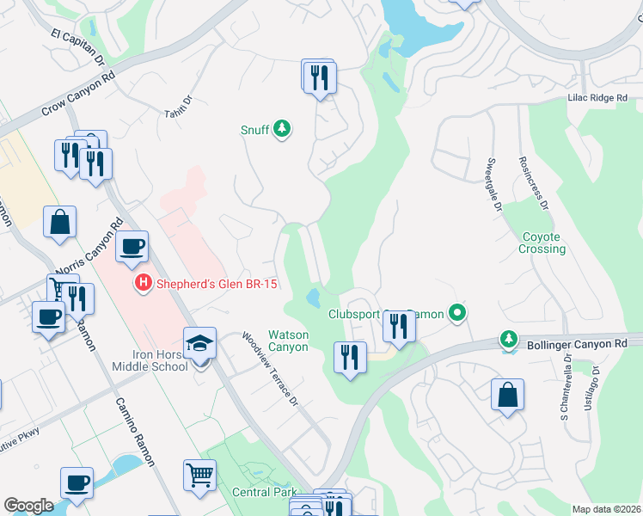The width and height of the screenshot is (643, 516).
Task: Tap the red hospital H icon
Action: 143,282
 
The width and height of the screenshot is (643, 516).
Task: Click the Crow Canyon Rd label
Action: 79,95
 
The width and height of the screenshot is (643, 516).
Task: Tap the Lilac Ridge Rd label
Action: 597,99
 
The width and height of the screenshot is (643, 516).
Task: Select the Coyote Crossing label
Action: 542,243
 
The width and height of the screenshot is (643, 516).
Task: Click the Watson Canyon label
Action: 287,341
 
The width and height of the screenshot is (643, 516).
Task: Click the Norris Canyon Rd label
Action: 87,249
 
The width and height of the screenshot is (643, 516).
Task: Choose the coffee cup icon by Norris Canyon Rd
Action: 132,247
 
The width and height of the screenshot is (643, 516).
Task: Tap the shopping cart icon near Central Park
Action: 199,474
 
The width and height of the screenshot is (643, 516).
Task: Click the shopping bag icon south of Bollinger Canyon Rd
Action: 508,396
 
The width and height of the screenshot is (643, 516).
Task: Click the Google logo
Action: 28,506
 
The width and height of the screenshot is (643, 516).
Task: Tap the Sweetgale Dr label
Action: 493,178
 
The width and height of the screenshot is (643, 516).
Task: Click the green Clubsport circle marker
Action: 457,314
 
